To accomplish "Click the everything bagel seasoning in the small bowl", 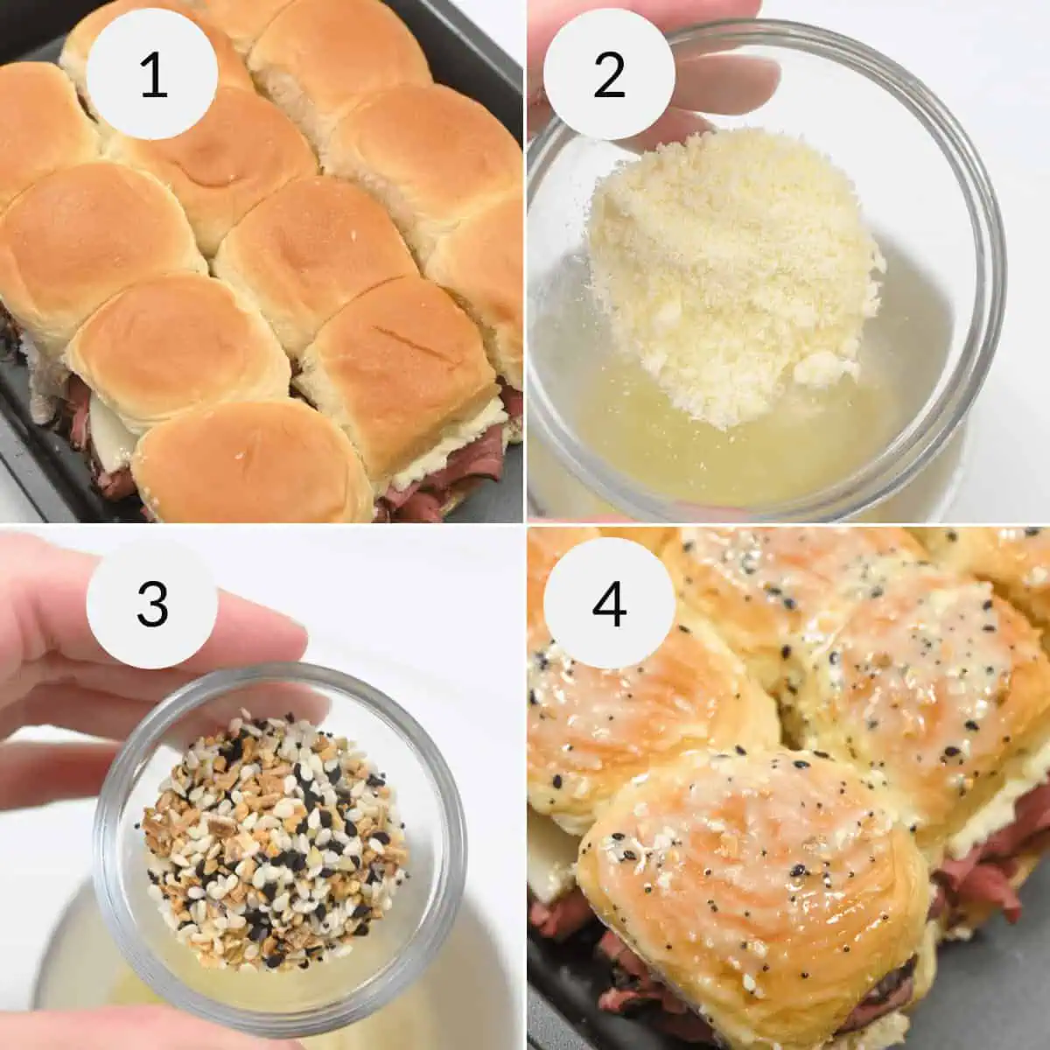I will click(x=271, y=840).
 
